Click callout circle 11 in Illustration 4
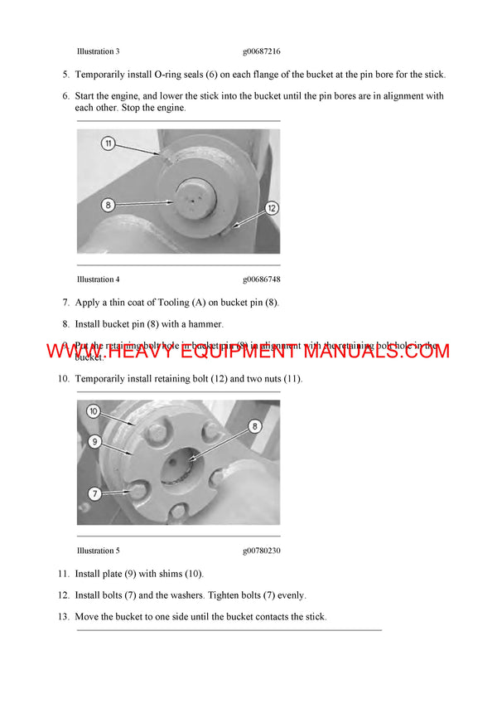pos(109,143)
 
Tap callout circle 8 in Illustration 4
pos(109,203)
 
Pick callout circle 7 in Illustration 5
pos(94,493)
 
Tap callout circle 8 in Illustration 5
pos(255,426)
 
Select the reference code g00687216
pos(262,51)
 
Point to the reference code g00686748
pos(262,279)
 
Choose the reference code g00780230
pos(262,551)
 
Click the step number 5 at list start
pos(65,75)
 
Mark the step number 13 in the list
pos(63,617)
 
